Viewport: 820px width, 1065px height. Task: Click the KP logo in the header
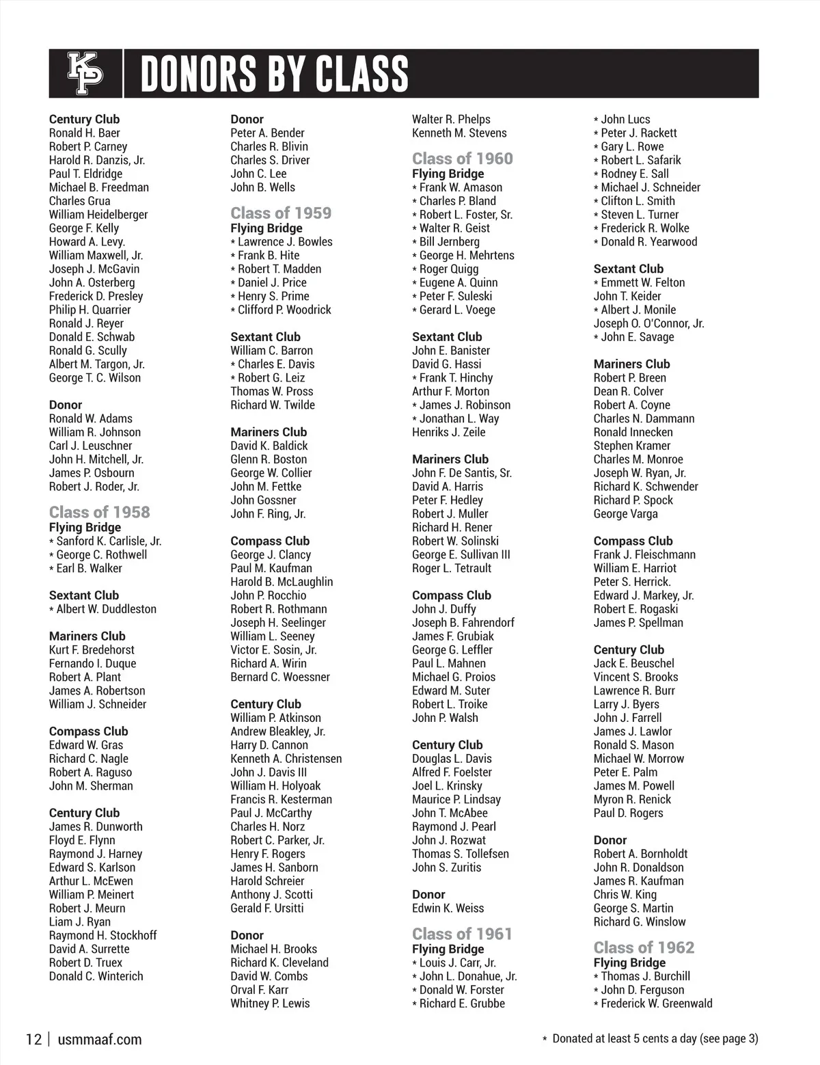click(85, 74)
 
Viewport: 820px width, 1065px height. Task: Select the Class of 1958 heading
click(99, 512)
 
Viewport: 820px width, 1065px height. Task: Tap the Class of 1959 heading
click(281, 213)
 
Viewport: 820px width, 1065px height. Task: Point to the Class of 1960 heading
click(462, 159)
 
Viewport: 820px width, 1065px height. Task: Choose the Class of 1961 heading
click(462, 934)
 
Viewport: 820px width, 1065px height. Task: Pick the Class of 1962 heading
click(644, 947)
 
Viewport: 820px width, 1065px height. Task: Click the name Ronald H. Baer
click(85, 133)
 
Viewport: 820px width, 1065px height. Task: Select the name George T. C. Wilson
click(95, 377)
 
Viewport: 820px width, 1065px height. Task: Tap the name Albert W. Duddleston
click(106, 609)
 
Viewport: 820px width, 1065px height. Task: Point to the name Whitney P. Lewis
click(270, 1003)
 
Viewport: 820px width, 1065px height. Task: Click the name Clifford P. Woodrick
click(284, 310)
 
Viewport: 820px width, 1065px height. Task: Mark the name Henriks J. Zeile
click(448, 432)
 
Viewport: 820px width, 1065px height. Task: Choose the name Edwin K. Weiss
click(448, 908)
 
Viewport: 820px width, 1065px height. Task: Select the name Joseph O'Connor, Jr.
click(648, 323)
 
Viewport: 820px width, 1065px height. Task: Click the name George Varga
click(625, 513)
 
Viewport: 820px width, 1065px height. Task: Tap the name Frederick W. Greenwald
click(656, 1003)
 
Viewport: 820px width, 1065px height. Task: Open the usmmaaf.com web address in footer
click(100, 1040)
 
